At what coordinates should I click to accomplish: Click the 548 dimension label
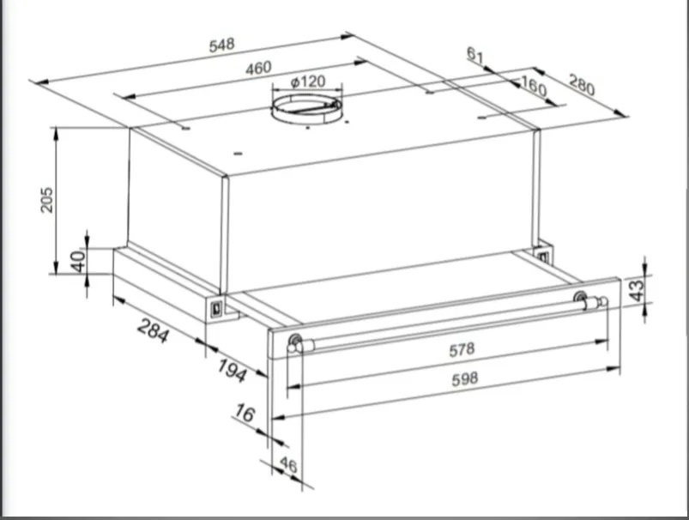(x=222, y=45)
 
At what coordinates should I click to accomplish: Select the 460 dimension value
(x=258, y=68)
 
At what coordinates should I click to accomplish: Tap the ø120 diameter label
(x=308, y=82)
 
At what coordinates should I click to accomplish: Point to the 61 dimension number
(x=475, y=55)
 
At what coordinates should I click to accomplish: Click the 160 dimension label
(x=534, y=85)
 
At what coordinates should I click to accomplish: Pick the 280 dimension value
(x=582, y=84)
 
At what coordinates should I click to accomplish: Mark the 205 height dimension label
(x=46, y=200)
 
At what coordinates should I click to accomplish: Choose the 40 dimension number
(x=78, y=261)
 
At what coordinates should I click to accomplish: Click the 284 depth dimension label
(x=153, y=330)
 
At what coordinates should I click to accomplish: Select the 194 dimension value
(x=232, y=370)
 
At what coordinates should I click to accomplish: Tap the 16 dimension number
(x=245, y=414)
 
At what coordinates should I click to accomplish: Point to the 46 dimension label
(x=288, y=464)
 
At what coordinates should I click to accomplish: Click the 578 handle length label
(x=462, y=350)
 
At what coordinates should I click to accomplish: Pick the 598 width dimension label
(x=464, y=379)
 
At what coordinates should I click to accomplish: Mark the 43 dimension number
(x=637, y=290)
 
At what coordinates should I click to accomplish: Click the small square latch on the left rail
(x=216, y=309)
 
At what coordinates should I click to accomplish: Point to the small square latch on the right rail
(x=541, y=256)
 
